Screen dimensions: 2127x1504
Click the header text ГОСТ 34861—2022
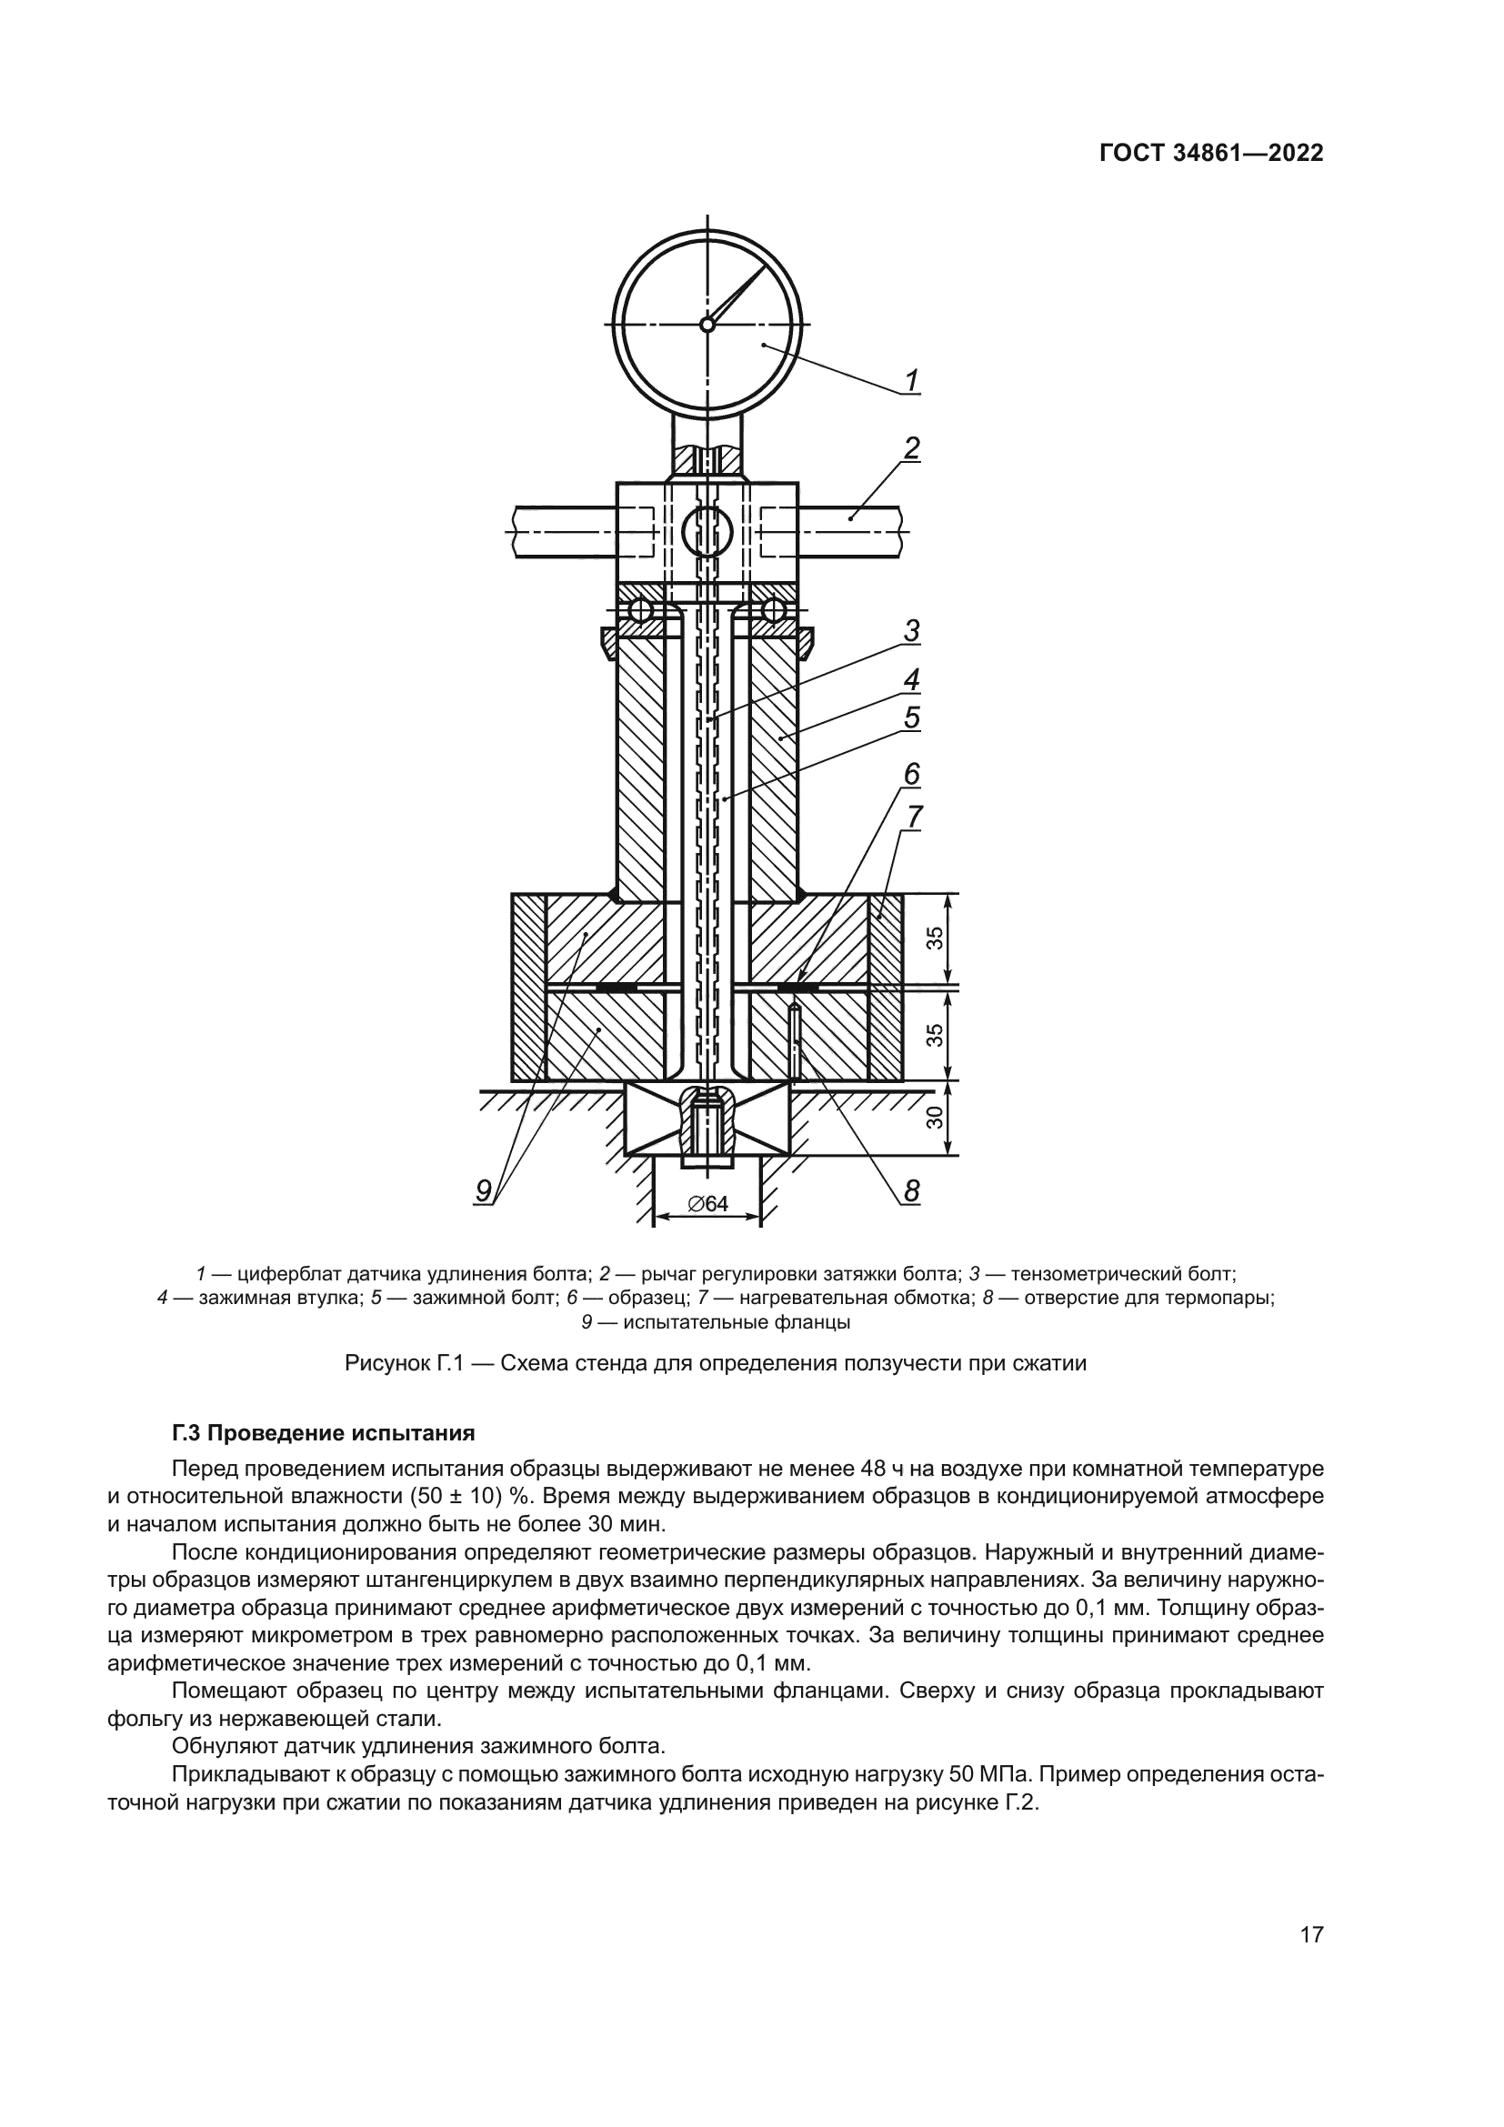point(1210,154)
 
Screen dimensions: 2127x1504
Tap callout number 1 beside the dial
point(912,380)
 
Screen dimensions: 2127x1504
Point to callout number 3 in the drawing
point(912,631)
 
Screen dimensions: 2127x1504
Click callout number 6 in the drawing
point(912,774)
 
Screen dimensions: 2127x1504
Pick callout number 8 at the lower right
point(912,1191)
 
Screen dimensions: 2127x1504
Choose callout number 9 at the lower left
point(484,1191)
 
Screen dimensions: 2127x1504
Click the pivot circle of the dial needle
point(707,324)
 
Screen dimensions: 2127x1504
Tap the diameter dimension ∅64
point(708,1204)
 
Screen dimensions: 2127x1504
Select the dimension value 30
point(936,1119)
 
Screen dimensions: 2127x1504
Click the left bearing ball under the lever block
point(641,609)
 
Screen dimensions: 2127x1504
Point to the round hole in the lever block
point(707,532)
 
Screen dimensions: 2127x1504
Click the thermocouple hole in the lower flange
point(794,1041)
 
